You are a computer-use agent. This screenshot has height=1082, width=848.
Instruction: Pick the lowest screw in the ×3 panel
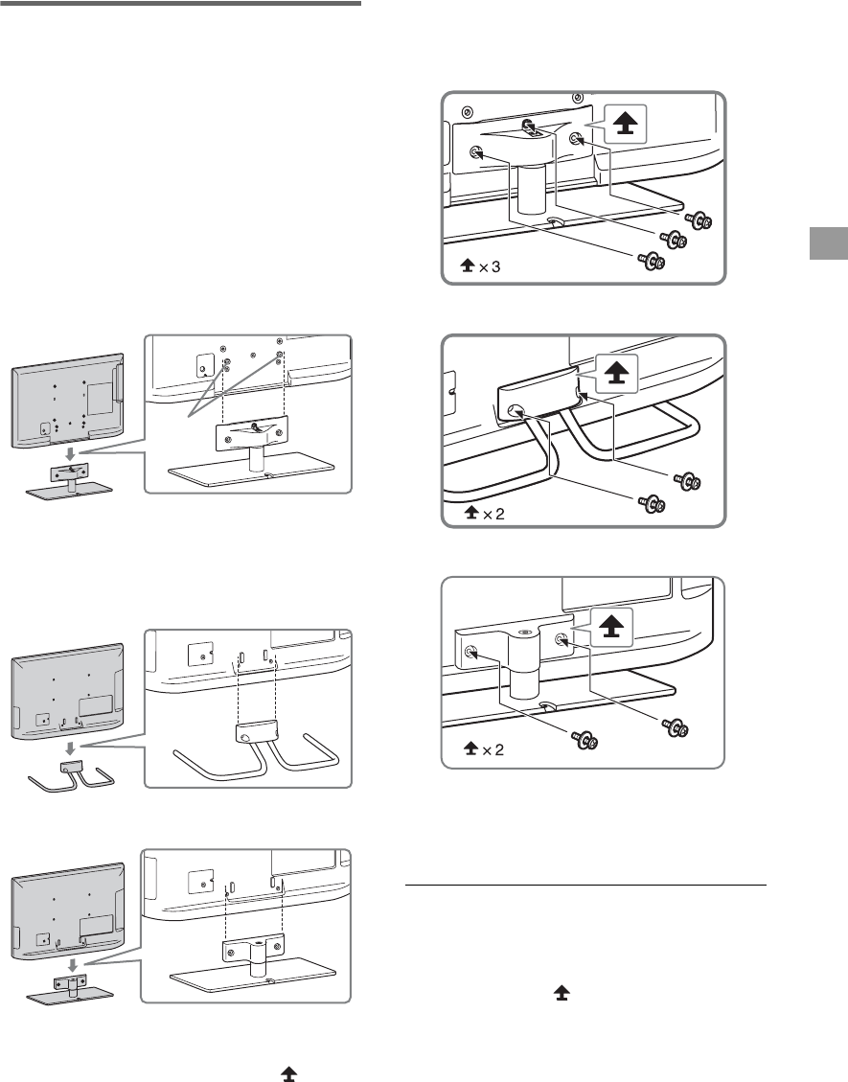[x=652, y=260]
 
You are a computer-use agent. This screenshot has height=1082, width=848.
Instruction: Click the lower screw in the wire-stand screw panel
[x=653, y=503]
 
